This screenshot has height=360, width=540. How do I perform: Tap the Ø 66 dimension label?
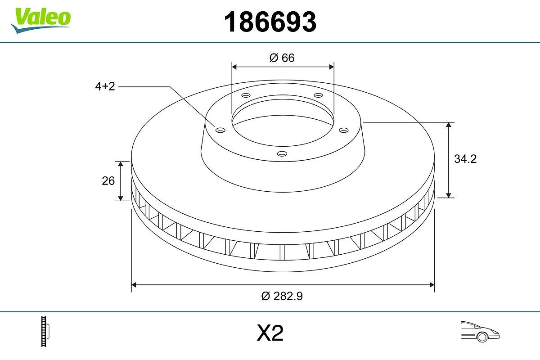pyautogui.click(x=282, y=58)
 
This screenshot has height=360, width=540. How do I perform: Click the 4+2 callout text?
pyautogui.click(x=105, y=87)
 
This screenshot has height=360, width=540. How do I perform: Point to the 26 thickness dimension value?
pyautogui.click(x=108, y=181)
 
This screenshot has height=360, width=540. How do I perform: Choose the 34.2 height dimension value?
pyautogui.click(x=465, y=159)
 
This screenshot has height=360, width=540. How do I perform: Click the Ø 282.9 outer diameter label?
pyautogui.click(x=282, y=296)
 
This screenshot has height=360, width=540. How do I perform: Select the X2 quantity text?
pyautogui.click(x=270, y=333)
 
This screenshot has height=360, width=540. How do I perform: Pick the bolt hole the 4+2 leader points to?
pyautogui.click(x=220, y=130)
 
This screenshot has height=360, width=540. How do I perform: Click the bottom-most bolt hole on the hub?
pyautogui.click(x=282, y=154)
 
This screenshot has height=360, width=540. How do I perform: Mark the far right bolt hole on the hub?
pyautogui.click(x=344, y=130)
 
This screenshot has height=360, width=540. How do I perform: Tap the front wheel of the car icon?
pyautogui.click(x=482, y=337)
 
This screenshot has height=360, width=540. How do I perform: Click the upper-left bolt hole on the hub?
pyautogui.click(x=246, y=95)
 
